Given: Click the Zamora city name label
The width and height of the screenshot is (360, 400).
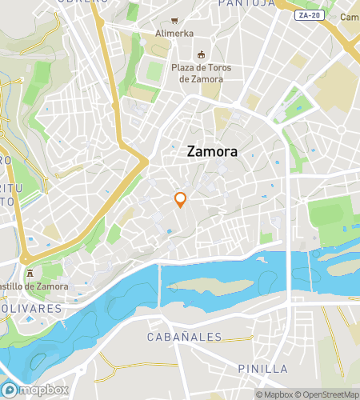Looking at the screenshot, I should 212,150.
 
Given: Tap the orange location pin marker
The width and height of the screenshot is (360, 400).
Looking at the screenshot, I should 181,200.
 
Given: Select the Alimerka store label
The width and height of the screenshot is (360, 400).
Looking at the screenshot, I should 174,34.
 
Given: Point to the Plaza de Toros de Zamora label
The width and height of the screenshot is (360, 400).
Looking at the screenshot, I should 201,73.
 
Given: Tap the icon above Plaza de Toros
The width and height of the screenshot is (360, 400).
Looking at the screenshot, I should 201,54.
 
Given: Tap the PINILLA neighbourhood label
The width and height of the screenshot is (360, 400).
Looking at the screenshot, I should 262,368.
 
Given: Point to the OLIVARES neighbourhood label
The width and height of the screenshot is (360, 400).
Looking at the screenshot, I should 30,309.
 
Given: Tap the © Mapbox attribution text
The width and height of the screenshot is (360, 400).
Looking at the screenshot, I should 274,394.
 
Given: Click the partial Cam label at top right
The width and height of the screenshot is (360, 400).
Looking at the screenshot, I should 350,17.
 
